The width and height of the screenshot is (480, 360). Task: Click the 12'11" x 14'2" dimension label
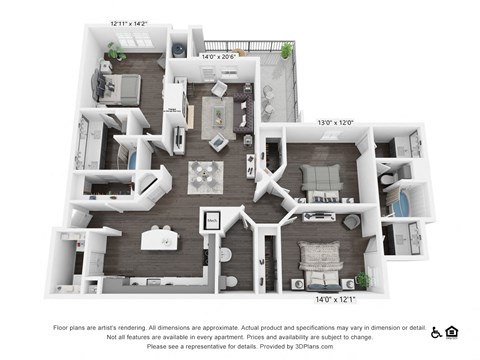point(132,20)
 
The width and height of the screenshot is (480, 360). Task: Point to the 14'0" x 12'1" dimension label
point(323,298)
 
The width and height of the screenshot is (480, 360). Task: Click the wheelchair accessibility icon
point(437,330)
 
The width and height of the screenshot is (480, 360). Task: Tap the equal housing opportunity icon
point(452,330)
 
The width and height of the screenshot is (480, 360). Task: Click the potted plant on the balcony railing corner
point(287,50)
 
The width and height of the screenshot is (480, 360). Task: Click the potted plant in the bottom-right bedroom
point(362,280)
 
